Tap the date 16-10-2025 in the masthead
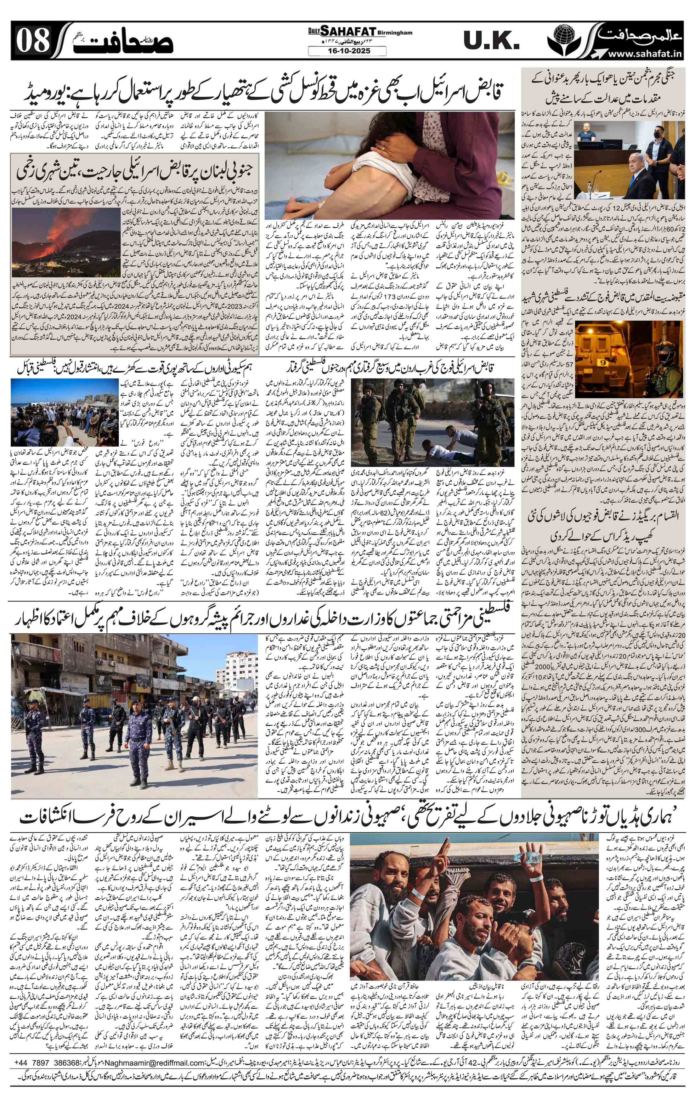tap(347, 51)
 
